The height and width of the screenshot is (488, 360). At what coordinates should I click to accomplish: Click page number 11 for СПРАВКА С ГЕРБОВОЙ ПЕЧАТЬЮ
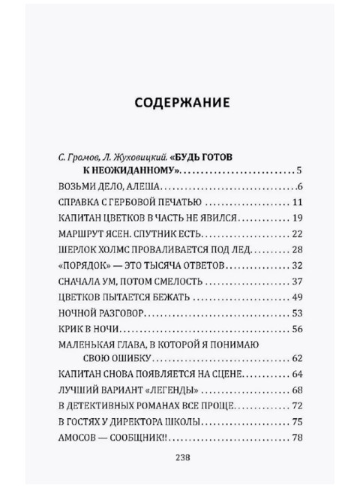pos(295,203)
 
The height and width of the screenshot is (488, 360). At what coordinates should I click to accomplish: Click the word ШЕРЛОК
pos(77,249)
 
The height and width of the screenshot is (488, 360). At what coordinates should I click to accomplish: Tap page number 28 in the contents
pos(295,249)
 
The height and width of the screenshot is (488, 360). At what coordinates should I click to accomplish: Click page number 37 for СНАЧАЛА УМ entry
pos(295,281)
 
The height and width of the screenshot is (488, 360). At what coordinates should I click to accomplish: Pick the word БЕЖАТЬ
pos(173,297)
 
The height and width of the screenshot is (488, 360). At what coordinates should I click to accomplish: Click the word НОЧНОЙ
pos(77,312)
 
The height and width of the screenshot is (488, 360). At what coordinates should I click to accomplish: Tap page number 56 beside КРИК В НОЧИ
pos(295,328)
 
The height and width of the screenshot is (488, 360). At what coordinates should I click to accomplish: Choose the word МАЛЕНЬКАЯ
pos(88,344)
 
